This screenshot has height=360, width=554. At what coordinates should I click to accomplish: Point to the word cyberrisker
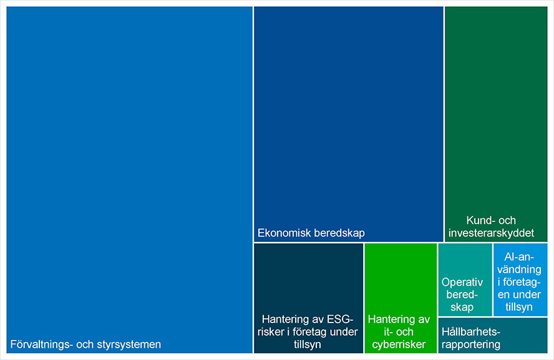pyautogui.click(x=399, y=344)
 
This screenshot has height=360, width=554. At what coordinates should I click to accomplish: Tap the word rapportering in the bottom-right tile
pyautogui.click(x=470, y=344)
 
